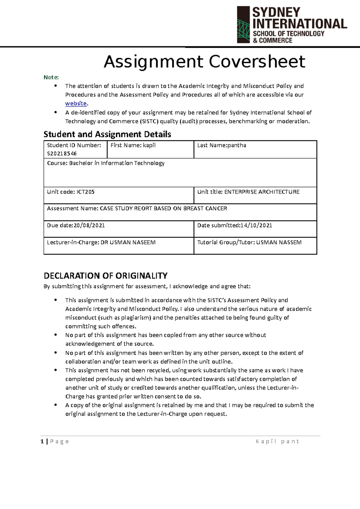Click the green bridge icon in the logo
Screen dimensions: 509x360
[243, 30]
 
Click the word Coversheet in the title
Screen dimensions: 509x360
[257, 62]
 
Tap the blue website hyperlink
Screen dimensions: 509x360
[76, 103]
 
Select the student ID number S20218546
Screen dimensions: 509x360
[62, 153]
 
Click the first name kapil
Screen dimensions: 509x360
[149, 145]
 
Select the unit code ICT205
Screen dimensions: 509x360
[85, 192]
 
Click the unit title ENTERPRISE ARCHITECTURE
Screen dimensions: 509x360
[262, 192]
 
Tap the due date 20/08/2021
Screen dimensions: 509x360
[89, 225]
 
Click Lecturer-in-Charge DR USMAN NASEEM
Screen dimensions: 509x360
[128, 242]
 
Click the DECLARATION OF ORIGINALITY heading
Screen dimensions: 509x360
[106, 275]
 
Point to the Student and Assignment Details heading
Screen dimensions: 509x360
[107, 134]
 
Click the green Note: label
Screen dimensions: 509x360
[51, 77]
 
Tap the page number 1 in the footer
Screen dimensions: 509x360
[42, 441]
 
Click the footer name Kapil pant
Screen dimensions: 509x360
[277, 441]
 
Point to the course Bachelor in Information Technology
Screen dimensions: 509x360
[117, 163]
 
